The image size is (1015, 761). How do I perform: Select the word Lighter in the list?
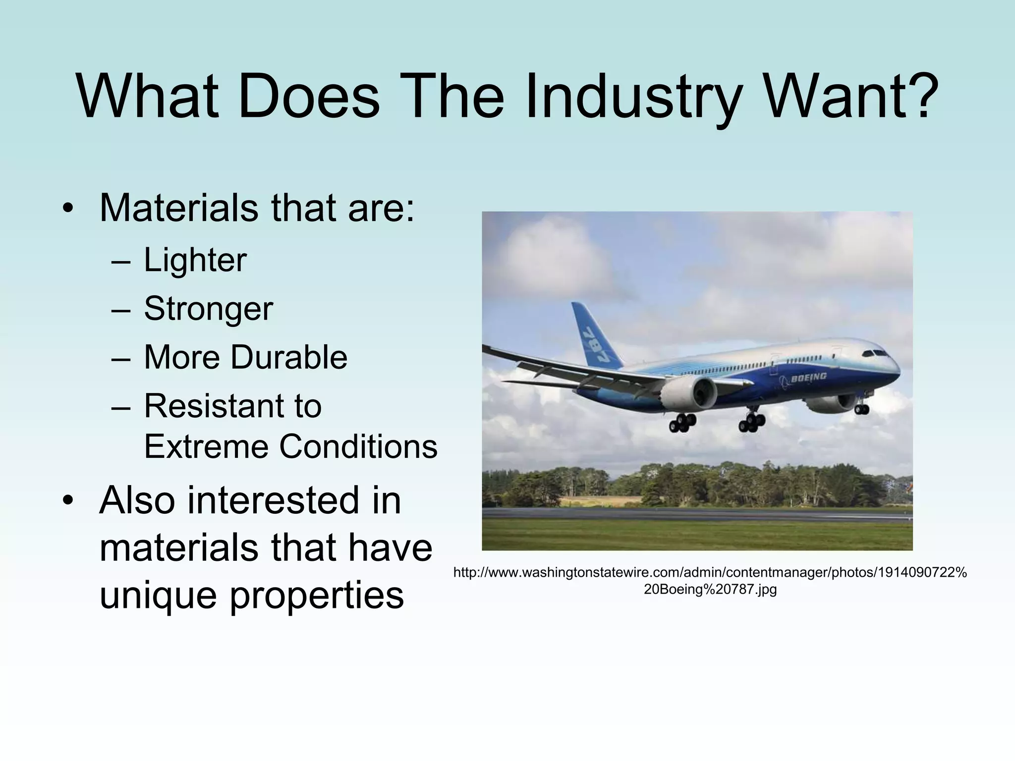coord(195,260)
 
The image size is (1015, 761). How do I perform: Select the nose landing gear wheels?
coord(862,409)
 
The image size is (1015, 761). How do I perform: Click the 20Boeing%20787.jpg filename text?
coord(710,590)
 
